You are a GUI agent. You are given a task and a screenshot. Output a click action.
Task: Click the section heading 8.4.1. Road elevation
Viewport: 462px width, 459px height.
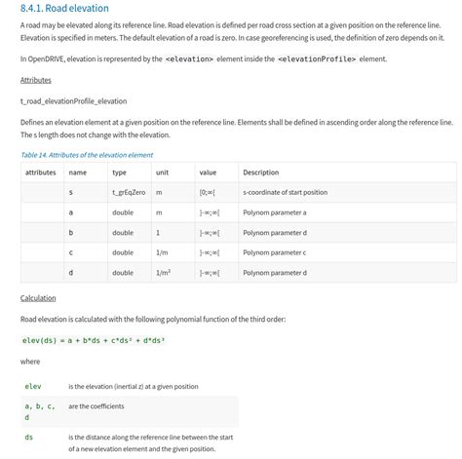point(64,9)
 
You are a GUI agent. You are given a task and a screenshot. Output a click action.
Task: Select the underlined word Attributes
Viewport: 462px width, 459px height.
point(35,80)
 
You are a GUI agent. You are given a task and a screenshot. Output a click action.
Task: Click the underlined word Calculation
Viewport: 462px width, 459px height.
point(38,298)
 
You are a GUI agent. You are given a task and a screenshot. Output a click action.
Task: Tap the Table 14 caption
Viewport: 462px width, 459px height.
point(83,154)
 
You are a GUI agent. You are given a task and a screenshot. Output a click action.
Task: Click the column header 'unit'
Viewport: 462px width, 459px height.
point(162,172)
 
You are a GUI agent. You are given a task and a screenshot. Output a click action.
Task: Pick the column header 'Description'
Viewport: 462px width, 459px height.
point(260,172)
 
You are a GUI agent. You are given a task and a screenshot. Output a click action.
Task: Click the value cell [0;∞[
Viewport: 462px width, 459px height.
point(209,193)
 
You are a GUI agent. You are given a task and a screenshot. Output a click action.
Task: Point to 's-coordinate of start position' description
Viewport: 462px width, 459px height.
point(285,193)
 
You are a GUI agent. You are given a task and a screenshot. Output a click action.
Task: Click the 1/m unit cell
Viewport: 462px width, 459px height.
point(162,253)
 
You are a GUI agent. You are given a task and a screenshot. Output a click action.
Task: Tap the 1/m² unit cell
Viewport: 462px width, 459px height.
point(163,273)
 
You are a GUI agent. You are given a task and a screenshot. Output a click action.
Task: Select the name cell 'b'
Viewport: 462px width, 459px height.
point(70,233)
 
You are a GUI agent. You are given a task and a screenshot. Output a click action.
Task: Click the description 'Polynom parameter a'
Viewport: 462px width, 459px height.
point(275,212)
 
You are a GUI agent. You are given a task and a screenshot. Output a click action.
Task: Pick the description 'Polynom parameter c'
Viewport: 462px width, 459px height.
point(275,253)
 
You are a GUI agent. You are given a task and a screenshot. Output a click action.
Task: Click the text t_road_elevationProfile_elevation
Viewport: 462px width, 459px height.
point(73,101)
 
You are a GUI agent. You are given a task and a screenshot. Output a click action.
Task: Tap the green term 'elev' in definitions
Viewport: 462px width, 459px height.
point(32,387)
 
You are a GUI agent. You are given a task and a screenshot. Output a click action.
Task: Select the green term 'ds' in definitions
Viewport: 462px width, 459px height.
point(28,438)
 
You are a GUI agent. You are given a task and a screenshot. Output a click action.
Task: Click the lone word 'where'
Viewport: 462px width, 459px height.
point(30,363)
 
